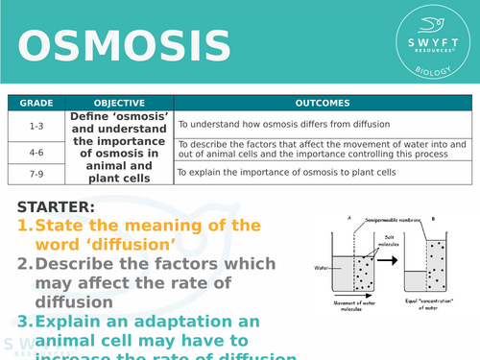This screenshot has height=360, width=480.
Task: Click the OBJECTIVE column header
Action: tap(119, 103)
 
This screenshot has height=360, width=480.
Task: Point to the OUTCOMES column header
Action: tap(324, 103)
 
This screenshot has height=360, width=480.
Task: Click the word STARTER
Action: tap(55, 206)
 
